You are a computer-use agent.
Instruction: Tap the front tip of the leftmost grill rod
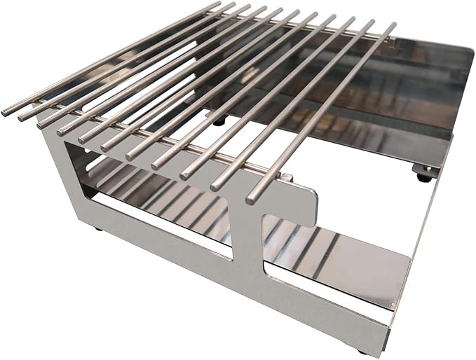(x=6, y=112)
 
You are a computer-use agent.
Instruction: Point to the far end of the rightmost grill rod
(x=392, y=26)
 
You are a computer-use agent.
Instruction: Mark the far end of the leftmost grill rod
(x=216, y=4)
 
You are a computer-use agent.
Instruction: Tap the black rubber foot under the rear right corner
(x=425, y=177)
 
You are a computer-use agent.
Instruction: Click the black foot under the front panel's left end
(x=97, y=228)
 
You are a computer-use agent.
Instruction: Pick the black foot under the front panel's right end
(x=361, y=349)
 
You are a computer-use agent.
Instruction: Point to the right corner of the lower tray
(x=409, y=269)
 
